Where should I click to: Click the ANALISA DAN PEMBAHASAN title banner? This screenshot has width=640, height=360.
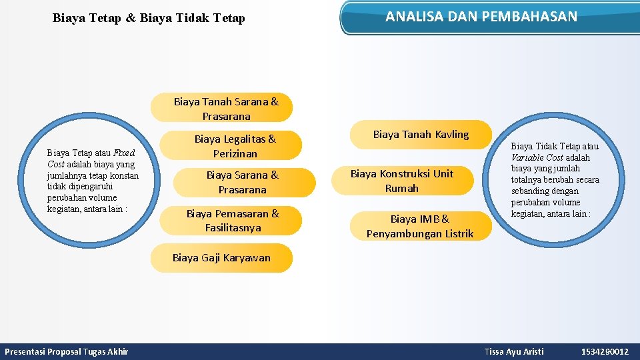click(x=481, y=17)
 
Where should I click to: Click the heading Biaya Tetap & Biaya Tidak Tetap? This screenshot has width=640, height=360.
click(x=149, y=18)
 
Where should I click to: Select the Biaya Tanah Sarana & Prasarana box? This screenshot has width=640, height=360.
click(x=225, y=109)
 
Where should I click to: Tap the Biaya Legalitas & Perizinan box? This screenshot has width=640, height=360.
click(x=235, y=146)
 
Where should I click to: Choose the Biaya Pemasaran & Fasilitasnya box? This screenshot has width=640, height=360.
click(x=233, y=221)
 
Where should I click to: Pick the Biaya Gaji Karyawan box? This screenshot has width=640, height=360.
click(x=221, y=258)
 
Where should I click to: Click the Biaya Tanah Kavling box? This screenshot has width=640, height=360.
click(x=421, y=135)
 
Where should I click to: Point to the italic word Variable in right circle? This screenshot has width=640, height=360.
click(x=527, y=157)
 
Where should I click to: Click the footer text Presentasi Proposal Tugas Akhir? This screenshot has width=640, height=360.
click(x=67, y=351)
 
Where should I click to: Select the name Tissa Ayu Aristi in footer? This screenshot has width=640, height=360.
click(x=514, y=351)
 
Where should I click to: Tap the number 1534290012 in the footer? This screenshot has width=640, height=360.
click(x=605, y=351)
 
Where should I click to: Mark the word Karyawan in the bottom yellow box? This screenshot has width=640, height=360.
click(x=247, y=258)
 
